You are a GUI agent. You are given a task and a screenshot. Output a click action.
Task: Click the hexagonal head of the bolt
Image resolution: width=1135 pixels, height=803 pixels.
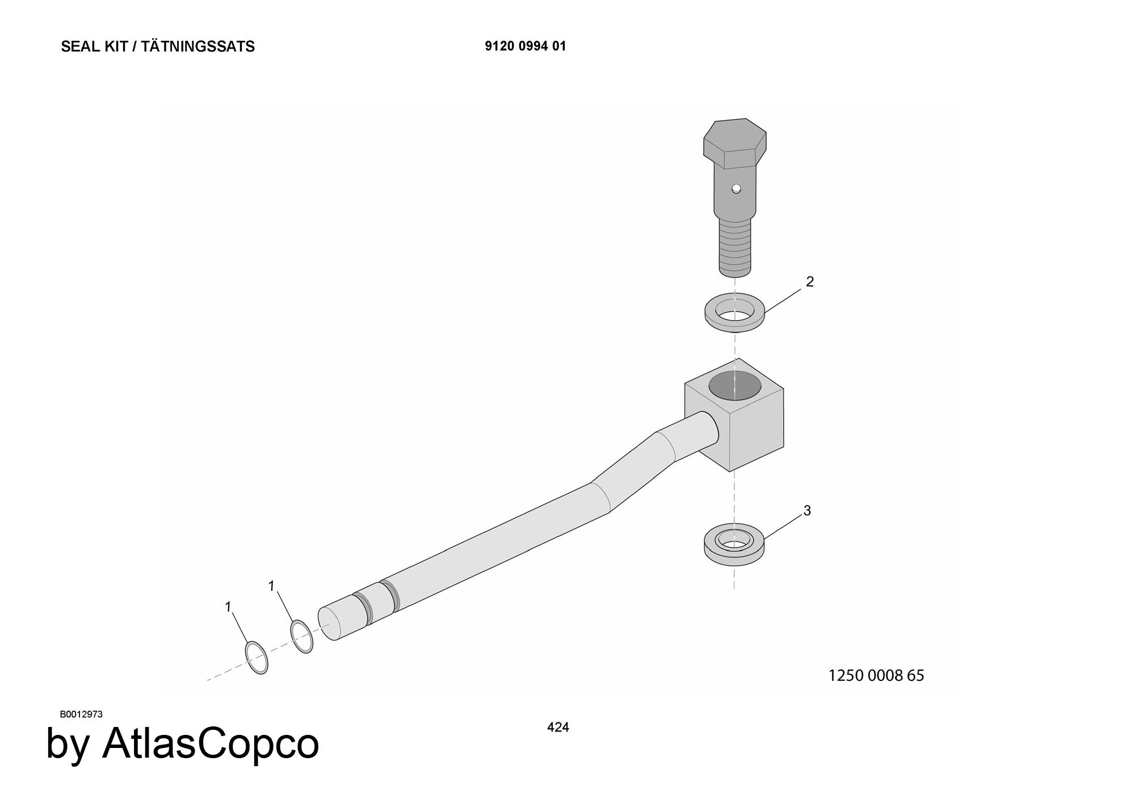pos(735,144)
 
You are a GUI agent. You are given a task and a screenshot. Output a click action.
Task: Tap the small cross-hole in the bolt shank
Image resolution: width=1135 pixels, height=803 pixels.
pos(736,188)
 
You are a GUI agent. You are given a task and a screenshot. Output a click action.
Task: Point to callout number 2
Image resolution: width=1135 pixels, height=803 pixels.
pos(810,281)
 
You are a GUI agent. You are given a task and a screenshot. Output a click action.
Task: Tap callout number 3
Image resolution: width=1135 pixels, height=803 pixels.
pos(807,511)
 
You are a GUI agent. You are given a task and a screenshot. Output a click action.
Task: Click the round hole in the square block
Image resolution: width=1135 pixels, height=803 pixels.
pos(735,385)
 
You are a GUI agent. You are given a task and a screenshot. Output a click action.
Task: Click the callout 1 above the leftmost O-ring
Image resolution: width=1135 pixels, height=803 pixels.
pos(228,607)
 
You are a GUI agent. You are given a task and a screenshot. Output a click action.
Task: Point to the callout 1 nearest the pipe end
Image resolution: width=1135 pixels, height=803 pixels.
pos(271,586)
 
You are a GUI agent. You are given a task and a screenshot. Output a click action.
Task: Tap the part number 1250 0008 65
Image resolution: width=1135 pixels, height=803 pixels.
pos(876,675)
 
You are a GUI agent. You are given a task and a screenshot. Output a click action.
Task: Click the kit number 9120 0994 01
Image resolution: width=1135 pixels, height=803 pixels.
pos(526,47)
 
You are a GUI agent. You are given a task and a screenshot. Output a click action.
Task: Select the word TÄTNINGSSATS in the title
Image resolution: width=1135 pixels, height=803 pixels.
pos(198,47)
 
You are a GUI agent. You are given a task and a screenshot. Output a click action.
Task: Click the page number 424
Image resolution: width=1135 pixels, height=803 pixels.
pos(558,728)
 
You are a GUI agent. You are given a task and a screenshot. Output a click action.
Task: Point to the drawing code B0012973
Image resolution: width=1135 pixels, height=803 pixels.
pos(81,714)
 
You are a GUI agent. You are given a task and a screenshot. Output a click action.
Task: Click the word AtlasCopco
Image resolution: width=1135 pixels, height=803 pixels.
pos(211,744)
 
